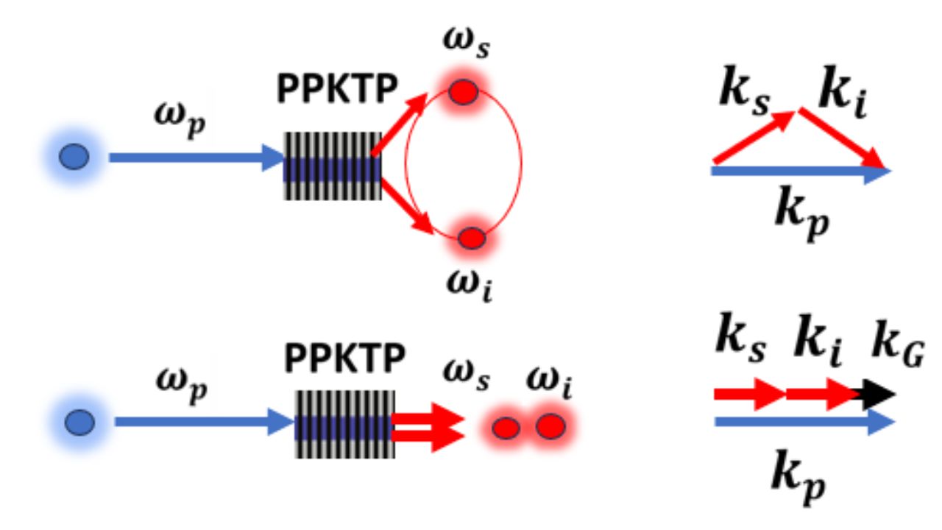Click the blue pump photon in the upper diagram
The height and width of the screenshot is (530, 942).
[x=74, y=158]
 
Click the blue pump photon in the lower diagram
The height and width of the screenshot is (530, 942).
[x=79, y=422]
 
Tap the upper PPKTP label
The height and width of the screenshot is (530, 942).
[x=337, y=91]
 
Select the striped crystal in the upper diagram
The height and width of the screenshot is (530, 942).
[x=333, y=166]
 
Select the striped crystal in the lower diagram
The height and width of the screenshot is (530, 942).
[x=344, y=424]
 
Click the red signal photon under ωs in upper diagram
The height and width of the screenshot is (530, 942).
[x=464, y=92]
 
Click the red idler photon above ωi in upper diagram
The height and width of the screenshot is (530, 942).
[x=471, y=238]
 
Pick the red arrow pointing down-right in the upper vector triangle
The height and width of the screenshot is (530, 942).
[x=842, y=138]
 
